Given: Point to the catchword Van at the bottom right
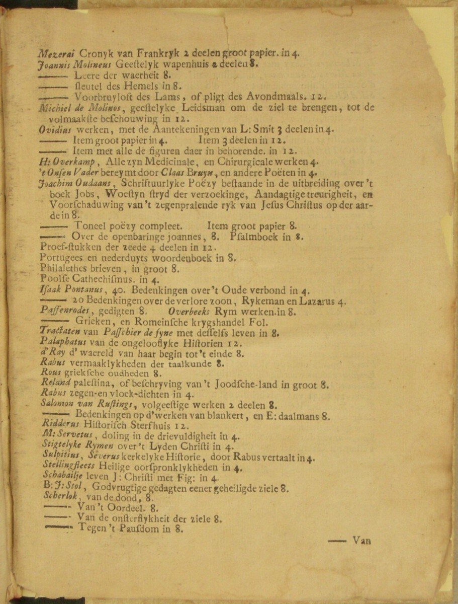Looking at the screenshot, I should point(361,541).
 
